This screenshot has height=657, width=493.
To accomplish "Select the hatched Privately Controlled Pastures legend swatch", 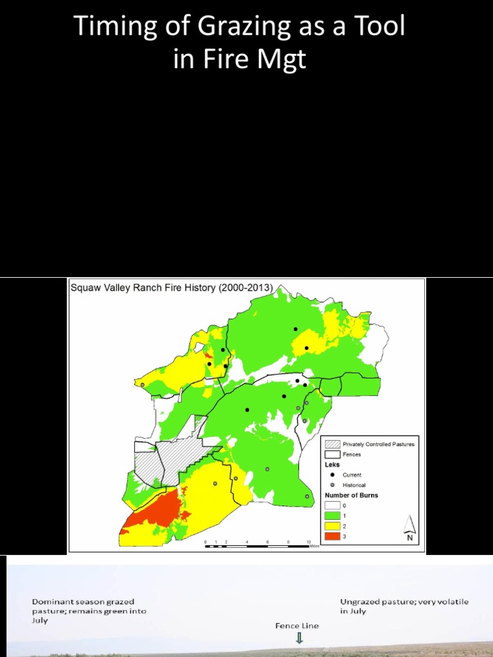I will [332, 444].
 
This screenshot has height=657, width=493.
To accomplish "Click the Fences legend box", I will [332, 454].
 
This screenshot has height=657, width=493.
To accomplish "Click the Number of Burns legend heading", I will [351, 495].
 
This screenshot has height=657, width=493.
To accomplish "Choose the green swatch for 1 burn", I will [332, 515].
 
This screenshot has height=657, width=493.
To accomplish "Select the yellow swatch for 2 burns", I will [332, 525].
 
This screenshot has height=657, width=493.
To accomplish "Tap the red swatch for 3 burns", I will [332, 536].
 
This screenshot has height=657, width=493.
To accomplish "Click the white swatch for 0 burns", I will [332, 506].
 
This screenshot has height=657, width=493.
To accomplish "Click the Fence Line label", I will [297, 626].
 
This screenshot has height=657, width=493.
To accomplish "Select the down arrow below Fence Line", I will [299, 638].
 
